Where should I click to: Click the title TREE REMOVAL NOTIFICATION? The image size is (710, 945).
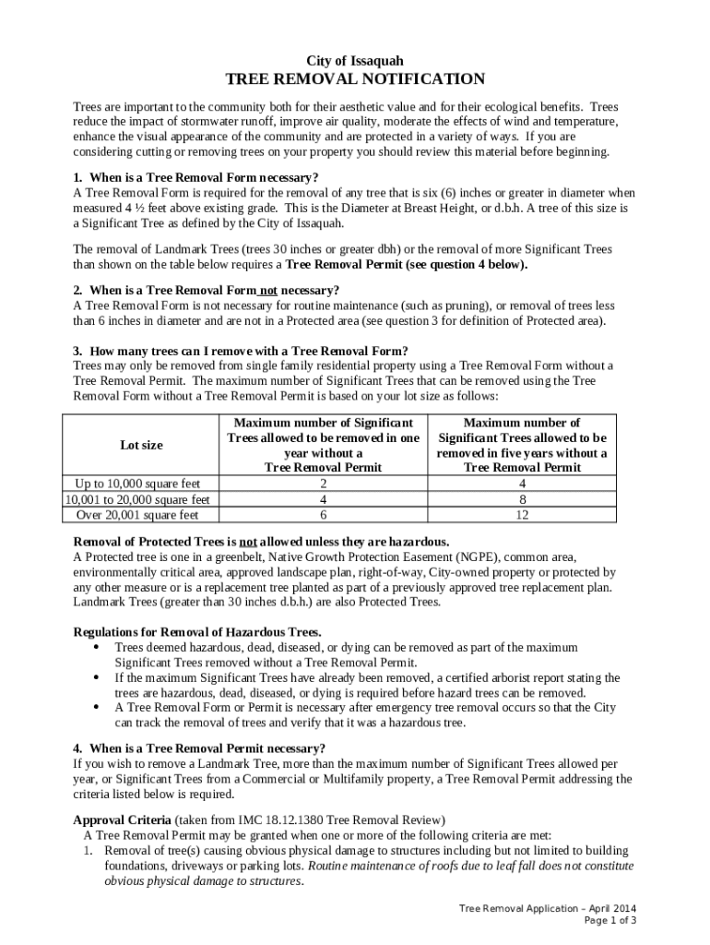click(x=355, y=79)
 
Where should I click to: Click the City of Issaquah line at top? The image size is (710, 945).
click(x=355, y=60)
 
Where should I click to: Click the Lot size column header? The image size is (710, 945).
click(x=141, y=445)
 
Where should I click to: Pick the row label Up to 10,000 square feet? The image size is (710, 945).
click(x=136, y=484)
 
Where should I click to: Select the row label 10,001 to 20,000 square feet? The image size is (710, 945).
click(x=136, y=499)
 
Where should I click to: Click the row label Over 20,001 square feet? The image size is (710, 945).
click(x=136, y=515)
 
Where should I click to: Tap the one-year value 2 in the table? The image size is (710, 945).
click(x=323, y=484)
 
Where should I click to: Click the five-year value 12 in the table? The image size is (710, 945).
click(x=522, y=515)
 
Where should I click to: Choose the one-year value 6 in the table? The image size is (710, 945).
click(x=323, y=515)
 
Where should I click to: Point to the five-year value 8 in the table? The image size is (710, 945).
click(x=522, y=499)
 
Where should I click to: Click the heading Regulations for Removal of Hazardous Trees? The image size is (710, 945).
click(x=197, y=632)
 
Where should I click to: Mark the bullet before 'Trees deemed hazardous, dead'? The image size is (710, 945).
click(x=97, y=648)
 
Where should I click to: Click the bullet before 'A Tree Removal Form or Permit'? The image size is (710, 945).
click(x=97, y=707)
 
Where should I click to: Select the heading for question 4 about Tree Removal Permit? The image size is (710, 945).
click(x=198, y=748)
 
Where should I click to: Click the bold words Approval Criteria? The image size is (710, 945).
click(x=122, y=819)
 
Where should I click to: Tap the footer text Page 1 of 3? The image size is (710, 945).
click(x=610, y=921)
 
